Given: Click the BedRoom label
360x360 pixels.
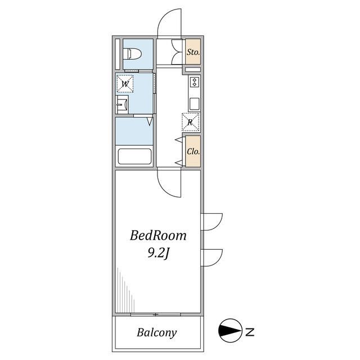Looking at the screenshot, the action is click(158, 236).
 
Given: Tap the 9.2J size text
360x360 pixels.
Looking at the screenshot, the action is click(159, 254).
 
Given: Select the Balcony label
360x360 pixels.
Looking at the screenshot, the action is click(157, 332).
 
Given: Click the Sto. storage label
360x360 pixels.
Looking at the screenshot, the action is click(193, 52).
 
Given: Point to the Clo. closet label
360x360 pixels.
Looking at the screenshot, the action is click(193, 151).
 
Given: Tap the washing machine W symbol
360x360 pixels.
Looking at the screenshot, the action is click(125, 84).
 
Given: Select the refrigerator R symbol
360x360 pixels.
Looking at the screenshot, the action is click(190, 122).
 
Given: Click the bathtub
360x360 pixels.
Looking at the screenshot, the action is click(134, 156).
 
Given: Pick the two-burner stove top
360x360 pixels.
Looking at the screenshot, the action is click(195, 82).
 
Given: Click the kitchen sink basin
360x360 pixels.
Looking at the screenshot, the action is click(195, 104).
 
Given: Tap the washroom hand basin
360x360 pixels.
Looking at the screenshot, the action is click(123, 105).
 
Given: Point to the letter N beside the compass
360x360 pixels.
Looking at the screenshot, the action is click(250, 332).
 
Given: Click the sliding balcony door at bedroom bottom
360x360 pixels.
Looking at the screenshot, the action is click(156, 314).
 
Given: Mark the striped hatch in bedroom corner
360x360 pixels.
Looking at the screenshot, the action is click(125, 290).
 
